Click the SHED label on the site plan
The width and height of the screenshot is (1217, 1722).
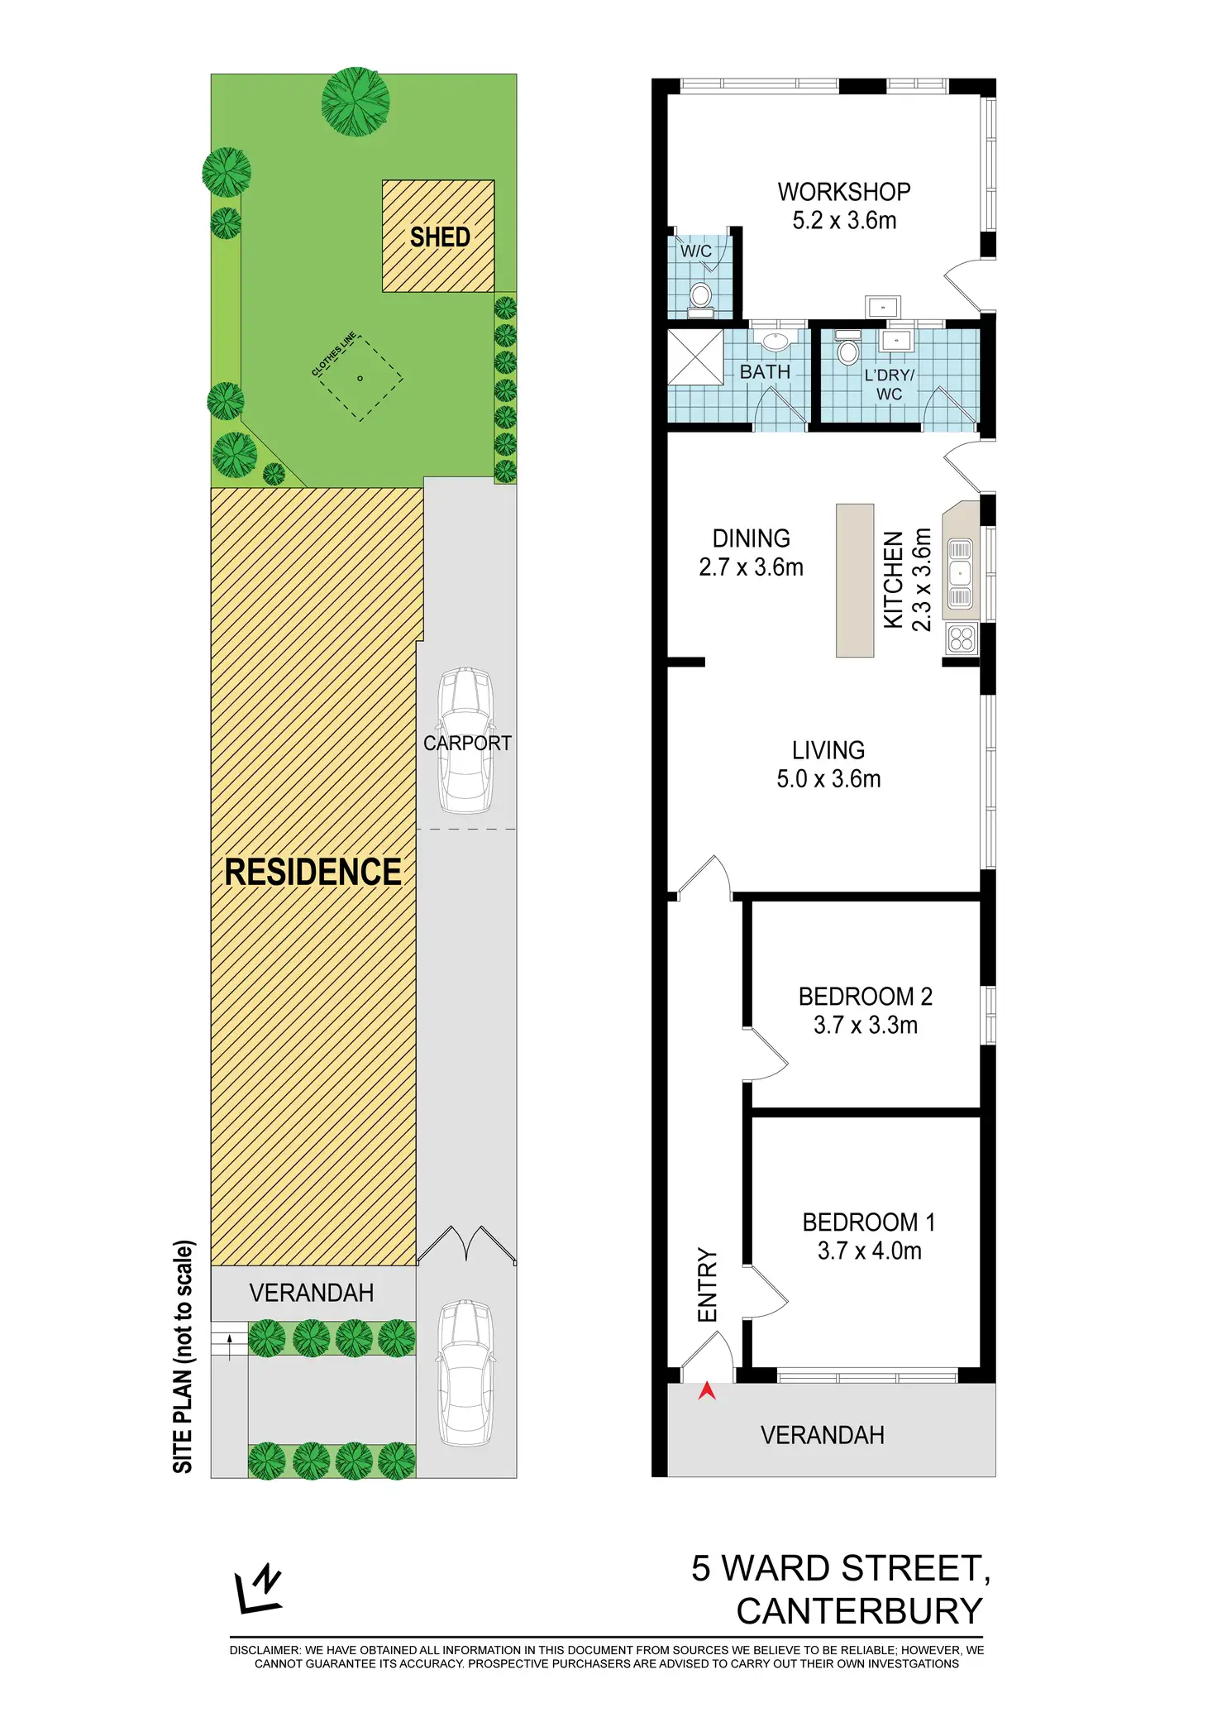click(440, 237)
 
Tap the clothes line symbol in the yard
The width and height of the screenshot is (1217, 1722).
click(360, 379)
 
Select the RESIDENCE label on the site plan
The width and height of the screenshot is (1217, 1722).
click(313, 873)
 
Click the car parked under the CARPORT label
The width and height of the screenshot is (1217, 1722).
click(466, 739)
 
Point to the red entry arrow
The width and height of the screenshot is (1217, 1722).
click(707, 1392)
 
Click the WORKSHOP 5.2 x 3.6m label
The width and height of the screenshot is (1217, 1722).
click(844, 206)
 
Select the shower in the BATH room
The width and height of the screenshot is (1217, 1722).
click(695, 356)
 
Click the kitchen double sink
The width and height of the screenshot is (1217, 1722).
click(960, 573)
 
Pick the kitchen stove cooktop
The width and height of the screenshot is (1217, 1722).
click(962, 639)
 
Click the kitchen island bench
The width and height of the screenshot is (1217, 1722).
click(855, 581)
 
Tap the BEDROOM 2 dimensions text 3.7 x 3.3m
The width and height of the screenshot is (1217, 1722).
click(866, 1026)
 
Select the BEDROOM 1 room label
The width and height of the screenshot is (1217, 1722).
click(869, 1222)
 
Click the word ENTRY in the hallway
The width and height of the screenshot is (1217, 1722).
click(708, 1284)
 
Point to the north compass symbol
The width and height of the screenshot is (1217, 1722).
click(260, 1589)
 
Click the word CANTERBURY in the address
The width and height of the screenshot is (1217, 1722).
click(860, 1611)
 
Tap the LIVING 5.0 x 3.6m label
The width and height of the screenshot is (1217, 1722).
click(828, 764)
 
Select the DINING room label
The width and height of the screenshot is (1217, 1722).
click(752, 538)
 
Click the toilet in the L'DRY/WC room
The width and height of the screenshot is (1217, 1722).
click(847, 349)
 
